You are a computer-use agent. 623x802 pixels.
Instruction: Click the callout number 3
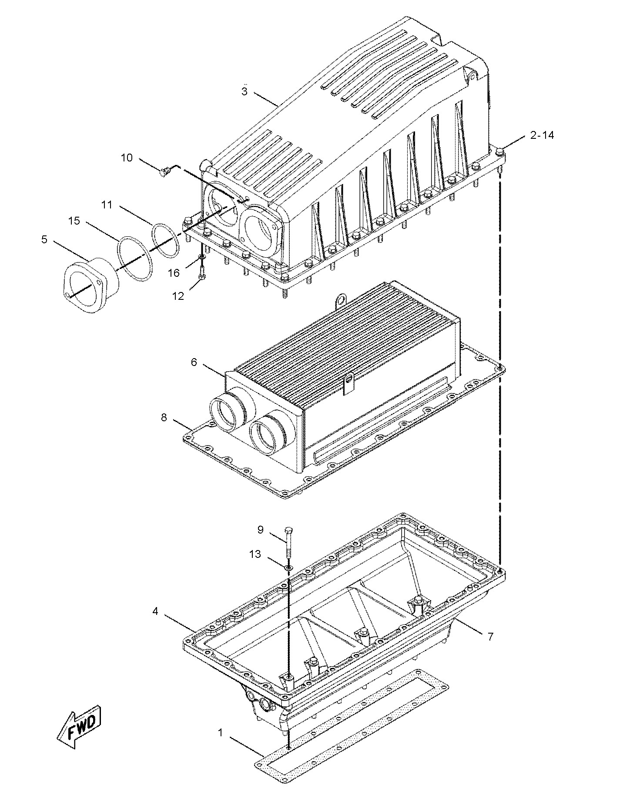point(245,92)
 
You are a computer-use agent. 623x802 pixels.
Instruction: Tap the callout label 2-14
point(542,135)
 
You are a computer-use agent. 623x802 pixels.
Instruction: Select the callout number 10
point(127,158)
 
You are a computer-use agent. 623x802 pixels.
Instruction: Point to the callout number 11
point(107,205)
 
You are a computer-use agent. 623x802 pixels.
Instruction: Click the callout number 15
point(74,221)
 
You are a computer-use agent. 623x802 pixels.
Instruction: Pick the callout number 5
point(44,239)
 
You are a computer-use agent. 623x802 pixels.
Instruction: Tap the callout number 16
point(174,273)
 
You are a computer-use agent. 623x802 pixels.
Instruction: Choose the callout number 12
point(178,296)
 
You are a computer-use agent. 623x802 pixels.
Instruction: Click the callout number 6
point(194,362)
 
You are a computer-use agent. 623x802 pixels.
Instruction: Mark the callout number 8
point(164,417)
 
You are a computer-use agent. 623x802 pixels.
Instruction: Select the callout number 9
point(260,530)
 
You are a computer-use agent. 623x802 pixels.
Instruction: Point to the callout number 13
point(255,554)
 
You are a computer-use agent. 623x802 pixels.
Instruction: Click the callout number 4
point(155,611)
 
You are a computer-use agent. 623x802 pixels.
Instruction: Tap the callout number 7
point(490,637)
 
